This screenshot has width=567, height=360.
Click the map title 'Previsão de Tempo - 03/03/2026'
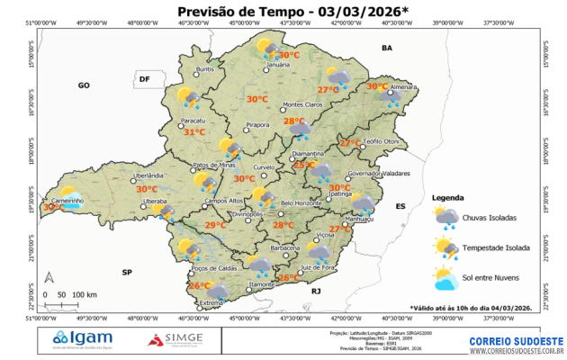click(x=280, y=11)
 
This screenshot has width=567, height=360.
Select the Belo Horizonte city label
click(x=301, y=203)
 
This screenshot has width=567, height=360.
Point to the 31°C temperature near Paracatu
click(x=194, y=132)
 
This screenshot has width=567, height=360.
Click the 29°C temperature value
click(x=214, y=225)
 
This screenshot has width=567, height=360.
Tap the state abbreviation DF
click(x=143, y=79)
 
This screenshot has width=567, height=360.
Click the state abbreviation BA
click(x=388, y=47)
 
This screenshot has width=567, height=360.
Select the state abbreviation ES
click(x=401, y=206)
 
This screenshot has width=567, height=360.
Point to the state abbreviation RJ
click(x=316, y=292)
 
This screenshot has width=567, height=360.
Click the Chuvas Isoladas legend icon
click(x=445, y=217)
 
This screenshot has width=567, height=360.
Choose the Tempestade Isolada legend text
click(x=494, y=247)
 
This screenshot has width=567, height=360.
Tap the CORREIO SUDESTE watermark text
click(x=517, y=340)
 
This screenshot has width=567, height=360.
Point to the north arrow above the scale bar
click(x=51, y=278)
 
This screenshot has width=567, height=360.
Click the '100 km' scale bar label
click(x=85, y=294)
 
